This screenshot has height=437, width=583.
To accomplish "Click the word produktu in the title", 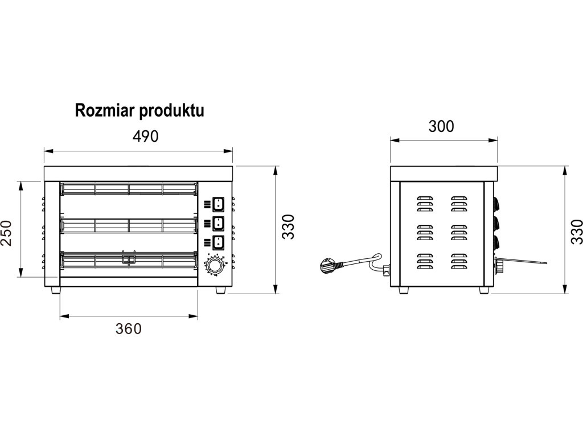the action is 171,111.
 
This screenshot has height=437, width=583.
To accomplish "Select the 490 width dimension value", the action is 145,137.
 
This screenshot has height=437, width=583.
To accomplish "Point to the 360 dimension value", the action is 129,328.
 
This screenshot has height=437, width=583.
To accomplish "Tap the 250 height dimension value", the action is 6,233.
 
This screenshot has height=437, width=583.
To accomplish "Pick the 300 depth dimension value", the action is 441,127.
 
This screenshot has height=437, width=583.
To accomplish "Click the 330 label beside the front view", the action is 288,226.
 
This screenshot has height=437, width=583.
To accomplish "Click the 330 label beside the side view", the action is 577,232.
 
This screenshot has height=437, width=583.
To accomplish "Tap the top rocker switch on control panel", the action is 218,204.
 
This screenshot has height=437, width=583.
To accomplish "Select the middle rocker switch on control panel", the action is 218,223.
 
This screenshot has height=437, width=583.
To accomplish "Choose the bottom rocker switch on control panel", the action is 218,242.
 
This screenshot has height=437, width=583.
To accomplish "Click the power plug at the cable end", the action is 329,265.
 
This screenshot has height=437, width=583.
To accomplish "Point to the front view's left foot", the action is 55,290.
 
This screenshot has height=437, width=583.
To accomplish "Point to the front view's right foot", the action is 220,290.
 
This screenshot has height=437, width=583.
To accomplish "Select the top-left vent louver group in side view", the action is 425,204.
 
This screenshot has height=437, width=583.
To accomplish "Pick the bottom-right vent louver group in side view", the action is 459,261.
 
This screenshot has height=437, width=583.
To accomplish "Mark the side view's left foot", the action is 404,290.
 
